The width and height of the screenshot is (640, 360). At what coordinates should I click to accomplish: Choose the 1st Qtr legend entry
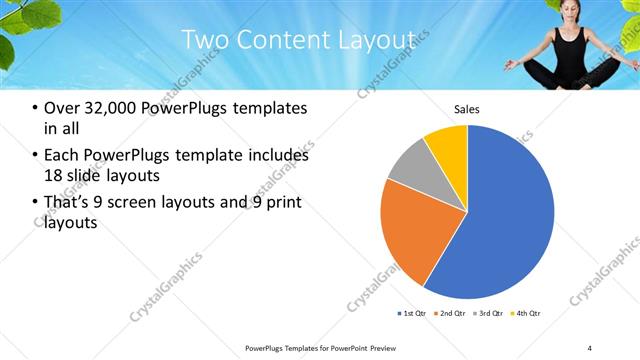pos(413,313)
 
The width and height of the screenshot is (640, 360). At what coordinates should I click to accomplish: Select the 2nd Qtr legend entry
pos(452,313)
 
